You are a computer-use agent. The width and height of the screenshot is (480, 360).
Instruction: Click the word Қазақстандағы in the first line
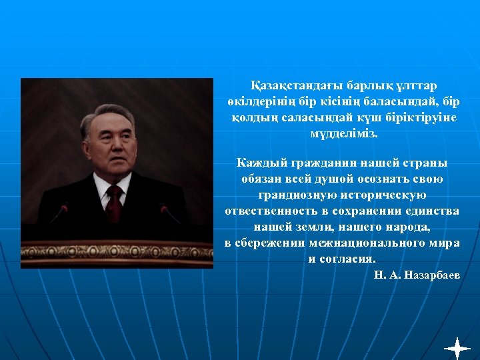click(x=288, y=86)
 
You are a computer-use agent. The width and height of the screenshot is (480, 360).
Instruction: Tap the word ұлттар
click(x=415, y=86)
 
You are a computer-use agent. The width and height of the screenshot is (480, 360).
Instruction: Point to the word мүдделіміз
click(x=343, y=133)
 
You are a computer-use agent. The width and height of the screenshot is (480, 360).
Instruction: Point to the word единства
click(x=432, y=211)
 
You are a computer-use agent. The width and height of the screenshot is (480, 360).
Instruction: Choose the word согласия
click(x=350, y=259)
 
